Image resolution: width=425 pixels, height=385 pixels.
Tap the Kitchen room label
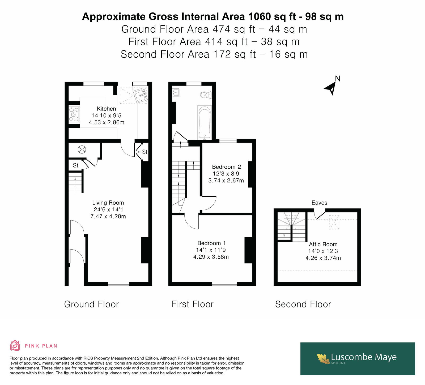(x=107, y=109)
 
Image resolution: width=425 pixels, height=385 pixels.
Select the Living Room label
(x=108, y=203)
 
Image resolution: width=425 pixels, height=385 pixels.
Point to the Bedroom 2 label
(x=226, y=167)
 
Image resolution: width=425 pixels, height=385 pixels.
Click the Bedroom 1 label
(x=211, y=243)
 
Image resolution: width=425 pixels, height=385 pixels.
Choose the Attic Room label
(x=323, y=244)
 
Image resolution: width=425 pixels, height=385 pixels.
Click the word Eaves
(x=319, y=203)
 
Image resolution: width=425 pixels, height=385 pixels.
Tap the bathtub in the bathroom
(x=205, y=122)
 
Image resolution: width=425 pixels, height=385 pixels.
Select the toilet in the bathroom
(x=206, y=95)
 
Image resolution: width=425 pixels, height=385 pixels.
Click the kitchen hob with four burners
(x=74, y=114)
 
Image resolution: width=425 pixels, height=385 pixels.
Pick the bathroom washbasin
(x=176, y=92)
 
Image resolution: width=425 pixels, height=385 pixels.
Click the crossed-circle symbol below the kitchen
(x=82, y=150)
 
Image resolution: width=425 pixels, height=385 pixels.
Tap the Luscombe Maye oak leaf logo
(x=324, y=358)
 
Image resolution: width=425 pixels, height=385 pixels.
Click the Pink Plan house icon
(x=15, y=345)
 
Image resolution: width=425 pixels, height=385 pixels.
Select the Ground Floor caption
(x=91, y=304)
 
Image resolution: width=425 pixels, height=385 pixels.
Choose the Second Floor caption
(x=303, y=304)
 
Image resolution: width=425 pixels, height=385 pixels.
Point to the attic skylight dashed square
(x=334, y=222)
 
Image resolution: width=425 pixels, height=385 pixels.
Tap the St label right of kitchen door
(x=145, y=152)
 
